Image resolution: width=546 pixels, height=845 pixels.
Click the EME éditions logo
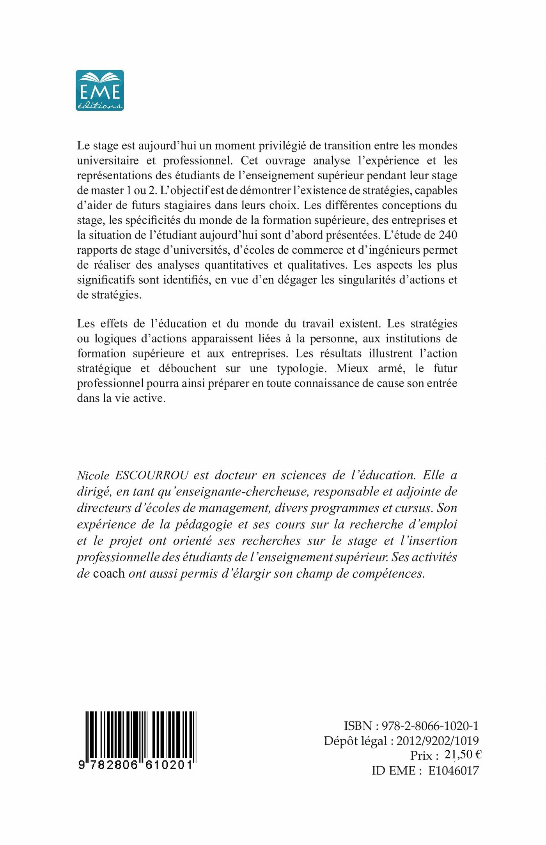pos(100,90)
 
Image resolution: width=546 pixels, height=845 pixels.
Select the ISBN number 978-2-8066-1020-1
pos(430,726)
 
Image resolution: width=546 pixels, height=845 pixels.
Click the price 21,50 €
pos(463,755)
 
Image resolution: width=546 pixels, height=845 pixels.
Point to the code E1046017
pos(453,771)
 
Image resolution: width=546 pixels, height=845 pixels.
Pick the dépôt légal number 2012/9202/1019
pos(438,741)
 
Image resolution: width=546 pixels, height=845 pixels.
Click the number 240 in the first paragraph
pos(448,235)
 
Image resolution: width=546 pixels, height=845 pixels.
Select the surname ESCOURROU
pos(152,475)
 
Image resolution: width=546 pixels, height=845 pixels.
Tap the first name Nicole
pos(93,475)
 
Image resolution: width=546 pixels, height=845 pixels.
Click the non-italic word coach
pos(109,573)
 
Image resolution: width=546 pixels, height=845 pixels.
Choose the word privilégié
pos(272,145)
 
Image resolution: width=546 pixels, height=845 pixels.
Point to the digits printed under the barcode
pos(136,765)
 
